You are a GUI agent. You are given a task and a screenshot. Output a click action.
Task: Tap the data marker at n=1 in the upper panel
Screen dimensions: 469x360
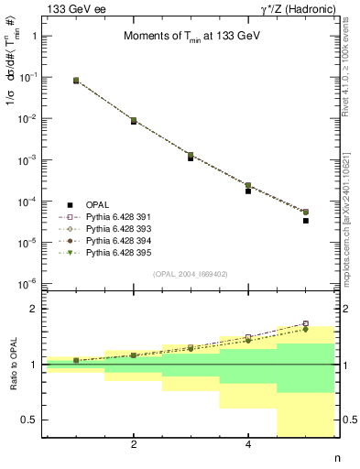(76, 81)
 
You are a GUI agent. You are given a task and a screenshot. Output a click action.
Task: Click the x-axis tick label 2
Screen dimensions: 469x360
(134, 444)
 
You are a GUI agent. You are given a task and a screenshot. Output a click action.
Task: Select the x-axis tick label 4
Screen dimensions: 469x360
(248, 444)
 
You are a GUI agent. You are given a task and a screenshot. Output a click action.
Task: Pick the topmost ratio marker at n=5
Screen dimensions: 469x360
(306, 323)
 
